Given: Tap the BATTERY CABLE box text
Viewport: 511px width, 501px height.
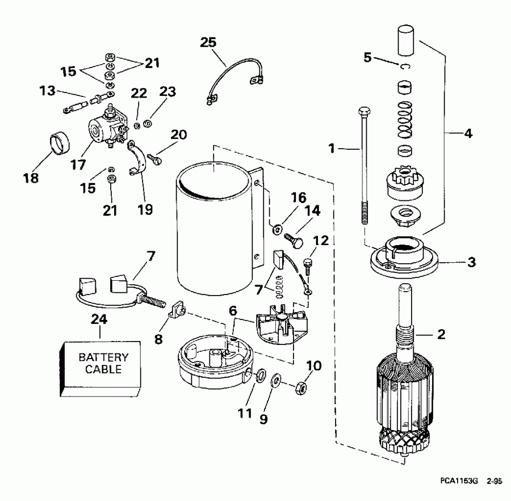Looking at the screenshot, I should point(100,363).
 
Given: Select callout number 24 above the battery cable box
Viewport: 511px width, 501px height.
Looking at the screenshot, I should point(99,319).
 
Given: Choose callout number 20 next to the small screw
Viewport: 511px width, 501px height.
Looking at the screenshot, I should point(178,135).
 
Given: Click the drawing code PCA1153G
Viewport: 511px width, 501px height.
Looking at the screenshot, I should point(459,481).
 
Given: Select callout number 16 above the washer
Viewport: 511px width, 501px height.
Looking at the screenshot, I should point(299,198).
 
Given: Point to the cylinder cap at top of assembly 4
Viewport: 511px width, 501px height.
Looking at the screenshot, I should point(406,39).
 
